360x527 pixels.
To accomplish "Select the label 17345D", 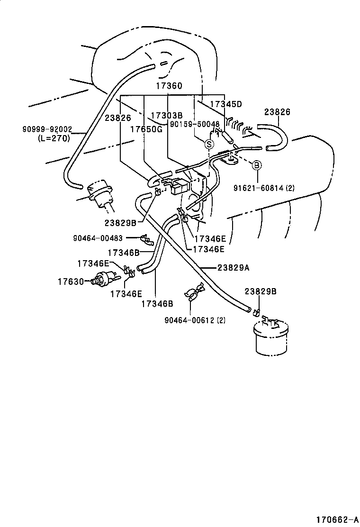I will tap(225, 104).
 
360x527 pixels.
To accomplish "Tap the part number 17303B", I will tap(167, 115).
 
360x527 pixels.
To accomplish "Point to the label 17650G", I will tap(146, 129).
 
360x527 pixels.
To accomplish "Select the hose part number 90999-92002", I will tap(46, 128).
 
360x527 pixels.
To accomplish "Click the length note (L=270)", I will tap(54, 138).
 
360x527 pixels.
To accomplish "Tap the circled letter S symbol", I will tap(208, 144).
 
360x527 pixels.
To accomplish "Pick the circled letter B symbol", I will tap(256, 165).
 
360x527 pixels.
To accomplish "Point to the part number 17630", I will tap(71, 282).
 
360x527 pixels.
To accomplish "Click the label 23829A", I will tap(234, 267).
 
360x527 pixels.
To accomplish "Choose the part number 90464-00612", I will tap(195, 320).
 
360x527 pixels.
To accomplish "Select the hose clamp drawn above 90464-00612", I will tap(194, 293).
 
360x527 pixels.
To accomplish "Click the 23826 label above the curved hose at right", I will tap(277, 112).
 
